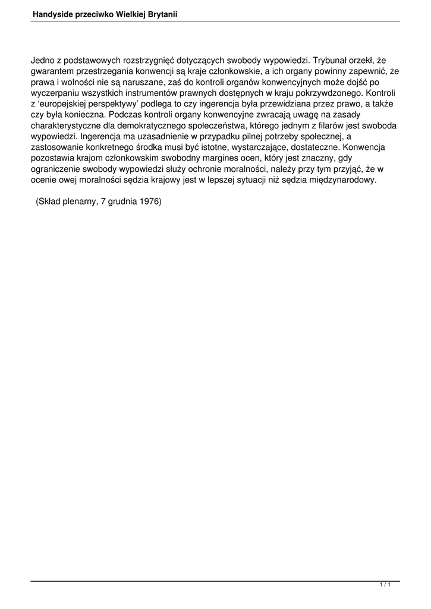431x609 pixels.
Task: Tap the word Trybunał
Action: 330,61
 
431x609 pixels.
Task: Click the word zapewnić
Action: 366,71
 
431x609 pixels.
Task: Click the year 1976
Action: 151,202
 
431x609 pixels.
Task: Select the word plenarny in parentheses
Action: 77,202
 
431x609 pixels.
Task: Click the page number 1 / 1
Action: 385,586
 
